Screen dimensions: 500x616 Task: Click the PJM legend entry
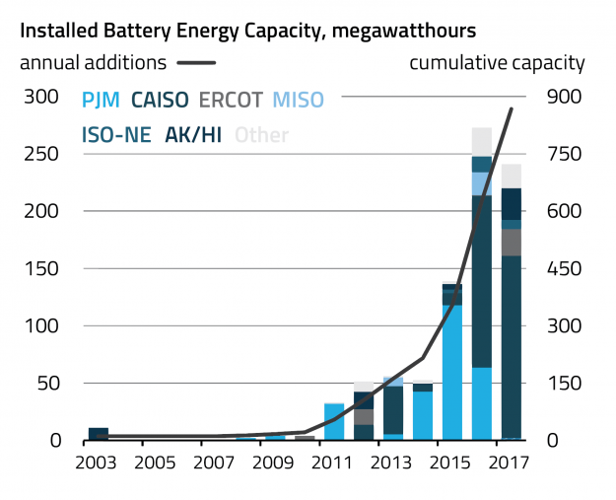(102, 99)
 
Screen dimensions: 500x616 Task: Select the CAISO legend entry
(162, 99)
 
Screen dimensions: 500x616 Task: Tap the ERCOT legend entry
(233, 99)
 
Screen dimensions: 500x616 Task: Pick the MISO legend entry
(297, 99)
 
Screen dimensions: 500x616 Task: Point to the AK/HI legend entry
(193, 134)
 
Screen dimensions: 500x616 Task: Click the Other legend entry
(261, 134)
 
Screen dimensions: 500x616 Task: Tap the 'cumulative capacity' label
(497, 63)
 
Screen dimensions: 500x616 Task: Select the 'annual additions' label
(93, 63)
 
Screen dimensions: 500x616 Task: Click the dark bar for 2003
(99, 433)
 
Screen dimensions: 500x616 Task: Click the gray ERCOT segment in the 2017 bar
(512, 242)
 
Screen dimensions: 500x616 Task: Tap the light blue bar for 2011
(334, 421)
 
